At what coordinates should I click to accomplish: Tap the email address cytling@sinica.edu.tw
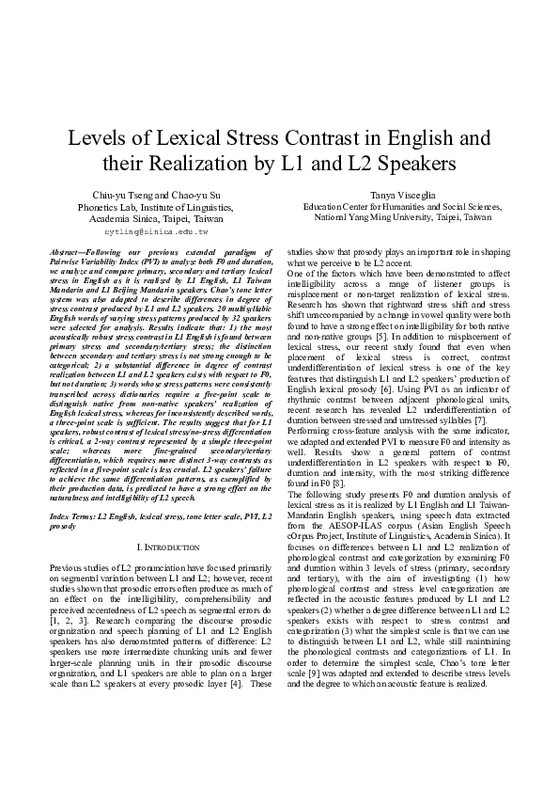(156, 230)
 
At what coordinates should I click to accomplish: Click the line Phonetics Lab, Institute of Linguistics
(156, 205)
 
